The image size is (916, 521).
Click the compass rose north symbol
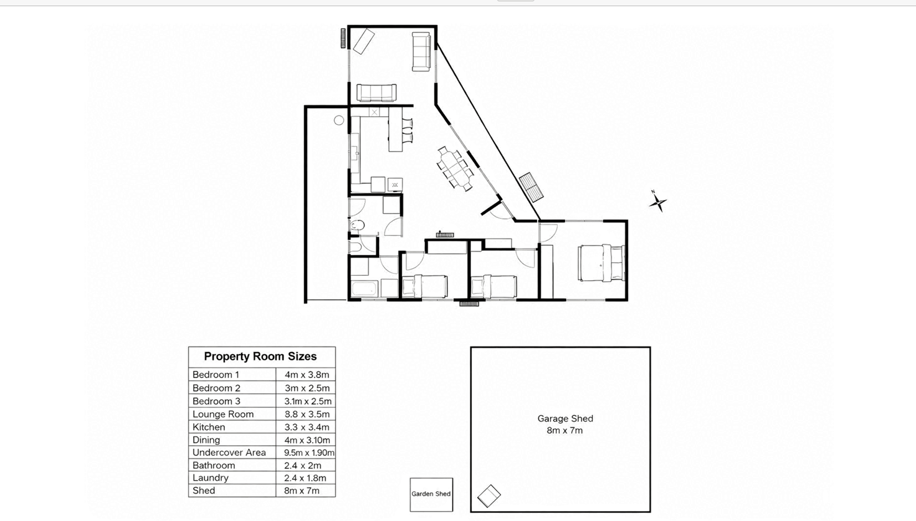[x=658, y=202]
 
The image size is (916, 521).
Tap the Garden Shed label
[x=431, y=494]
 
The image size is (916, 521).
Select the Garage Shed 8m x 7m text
[x=565, y=424]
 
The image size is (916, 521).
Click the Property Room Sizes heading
[x=260, y=356]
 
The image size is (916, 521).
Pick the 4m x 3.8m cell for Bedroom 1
[x=307, y=374]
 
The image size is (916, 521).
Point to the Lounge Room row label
[x=223, y=414]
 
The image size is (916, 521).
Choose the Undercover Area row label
[x=229, y=452]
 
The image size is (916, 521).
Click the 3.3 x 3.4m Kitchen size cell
[x=307, y=427]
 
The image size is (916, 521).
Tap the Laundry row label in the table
[x=210, y=478]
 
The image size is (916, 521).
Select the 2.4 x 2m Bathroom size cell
[x=303, y=466]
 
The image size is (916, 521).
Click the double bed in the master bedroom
[x=601, y=263]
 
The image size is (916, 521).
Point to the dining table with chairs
[x=455, y=168]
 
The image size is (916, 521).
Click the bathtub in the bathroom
[x=364, y=289]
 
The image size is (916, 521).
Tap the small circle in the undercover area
[x=339, y=120]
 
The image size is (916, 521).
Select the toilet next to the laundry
[x=357, y=225]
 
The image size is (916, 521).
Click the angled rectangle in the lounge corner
[x=364, y=41]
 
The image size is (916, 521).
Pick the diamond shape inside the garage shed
[x=489, y=496]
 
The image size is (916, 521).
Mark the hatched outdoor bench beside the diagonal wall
[x=531, y=187]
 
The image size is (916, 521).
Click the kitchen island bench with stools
[x=395, y=129]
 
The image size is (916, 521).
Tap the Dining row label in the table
[x=206, y=440]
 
